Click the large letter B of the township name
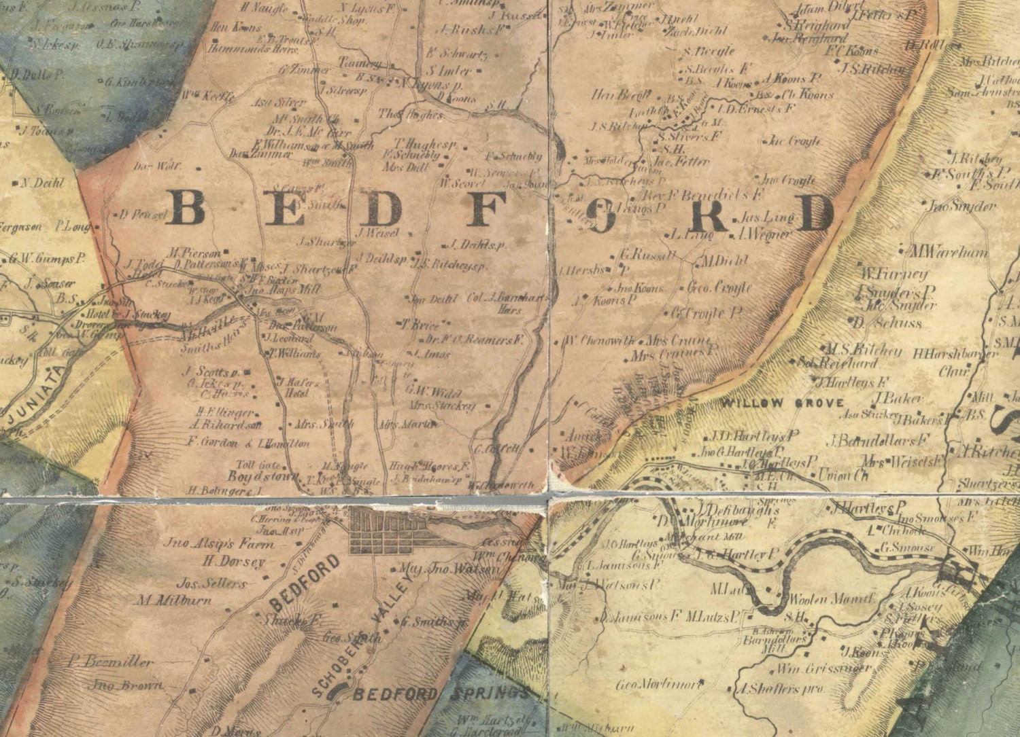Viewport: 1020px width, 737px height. tap(186, 208)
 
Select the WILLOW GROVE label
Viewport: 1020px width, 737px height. tap(782, 403)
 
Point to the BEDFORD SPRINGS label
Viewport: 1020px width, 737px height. tap(440, 694)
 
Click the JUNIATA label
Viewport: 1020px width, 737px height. tap(38, 394)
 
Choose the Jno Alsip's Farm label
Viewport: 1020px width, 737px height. tap(219, 543)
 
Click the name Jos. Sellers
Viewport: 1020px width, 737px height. tap(211, 583)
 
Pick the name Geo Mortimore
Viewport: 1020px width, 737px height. tap(659, 684)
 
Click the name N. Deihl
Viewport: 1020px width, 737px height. tap(42, 183)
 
